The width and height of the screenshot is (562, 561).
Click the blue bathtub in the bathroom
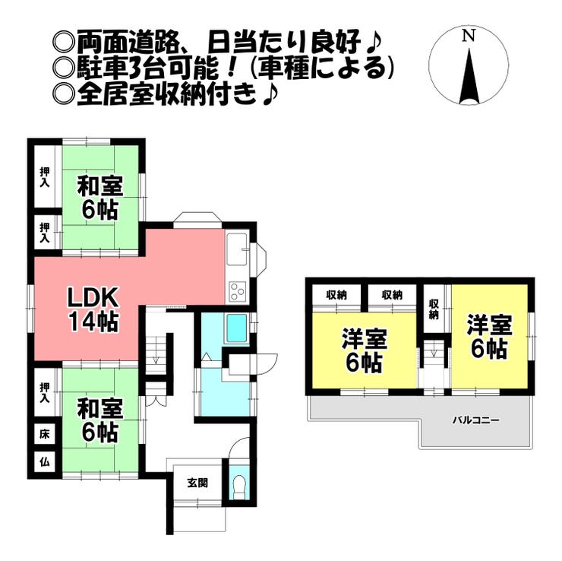[x=237, y=329]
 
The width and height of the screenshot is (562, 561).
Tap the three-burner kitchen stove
[x=237, y=290]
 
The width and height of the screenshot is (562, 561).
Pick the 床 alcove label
[x=44, y=436]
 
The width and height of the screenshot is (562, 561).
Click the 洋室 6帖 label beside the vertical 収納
[x=488, y=337]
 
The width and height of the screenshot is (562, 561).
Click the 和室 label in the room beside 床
[x=99, y=409]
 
